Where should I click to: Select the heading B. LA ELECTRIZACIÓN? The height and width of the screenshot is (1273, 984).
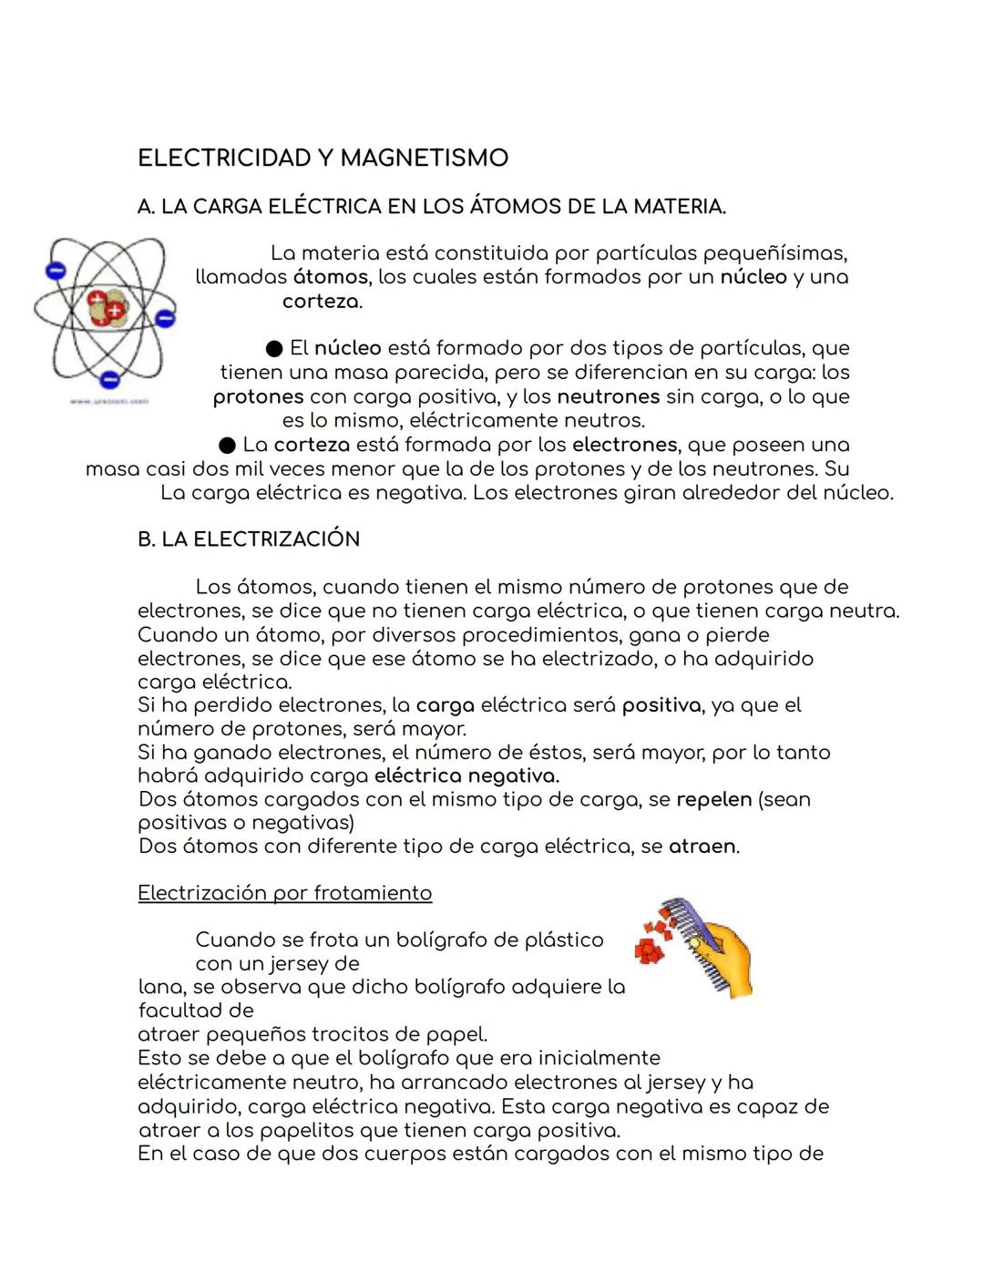coord(249,539)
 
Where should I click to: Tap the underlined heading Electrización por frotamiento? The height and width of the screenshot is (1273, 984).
coord(284,893)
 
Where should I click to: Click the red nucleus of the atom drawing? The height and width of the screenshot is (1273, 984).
coord(107,308)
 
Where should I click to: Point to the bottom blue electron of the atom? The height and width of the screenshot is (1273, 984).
coord(109,378)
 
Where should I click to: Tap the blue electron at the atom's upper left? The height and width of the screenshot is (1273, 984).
coord(56,271)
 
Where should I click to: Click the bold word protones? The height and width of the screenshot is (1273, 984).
coord(258,397)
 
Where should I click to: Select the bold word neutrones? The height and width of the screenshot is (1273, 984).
coord(608,397)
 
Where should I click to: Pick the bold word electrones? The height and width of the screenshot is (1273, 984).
coord(624,446)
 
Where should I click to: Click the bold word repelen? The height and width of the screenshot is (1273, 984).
coord(713,800)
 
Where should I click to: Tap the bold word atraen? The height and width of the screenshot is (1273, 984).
coord(702,847)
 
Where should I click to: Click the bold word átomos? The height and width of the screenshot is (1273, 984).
coord(331,277)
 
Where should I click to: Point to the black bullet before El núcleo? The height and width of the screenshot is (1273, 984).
coord(273,349)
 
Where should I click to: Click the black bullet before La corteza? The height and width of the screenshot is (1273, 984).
coord(227,446)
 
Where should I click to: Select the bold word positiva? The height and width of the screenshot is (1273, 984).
coord(661,705)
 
